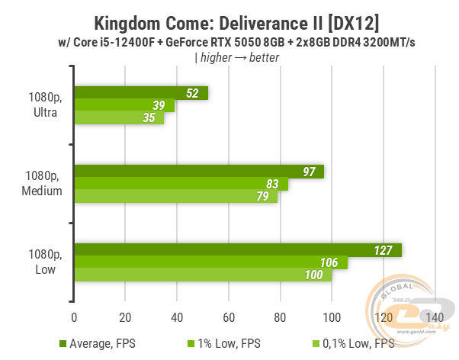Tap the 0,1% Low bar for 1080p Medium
[x=175, y=197]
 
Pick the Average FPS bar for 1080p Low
[x=237, y=250]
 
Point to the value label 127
[x=384, y=250]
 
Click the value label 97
[x=309, y=172]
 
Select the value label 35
[x=149, y=118]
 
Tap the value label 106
[x=330, y=263]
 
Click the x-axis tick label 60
[x=229, y=317]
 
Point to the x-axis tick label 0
[x=74, y=317]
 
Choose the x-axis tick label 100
[x=332, y=317]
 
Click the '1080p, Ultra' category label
[x=43, y=105]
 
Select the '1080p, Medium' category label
[x=43, y=185]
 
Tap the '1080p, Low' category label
[x=43, y=263]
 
